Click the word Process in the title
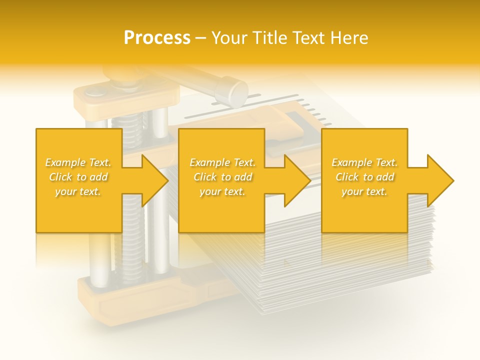157,38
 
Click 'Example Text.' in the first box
78,162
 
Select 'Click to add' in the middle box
222,177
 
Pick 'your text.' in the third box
364,191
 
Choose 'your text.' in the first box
78,191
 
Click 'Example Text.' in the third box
364,162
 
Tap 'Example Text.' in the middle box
222,162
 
